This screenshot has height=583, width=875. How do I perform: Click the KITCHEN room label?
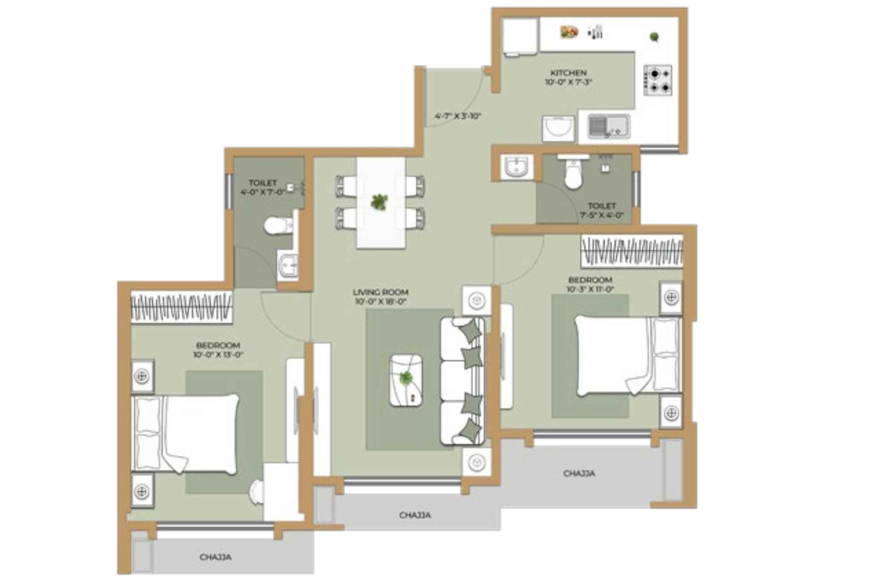click(x=568, y=72)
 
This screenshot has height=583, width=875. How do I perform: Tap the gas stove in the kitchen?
click(x=657, y=80)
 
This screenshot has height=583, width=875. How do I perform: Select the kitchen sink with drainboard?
click(x=609, y=126)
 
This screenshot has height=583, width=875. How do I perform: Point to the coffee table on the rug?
click(x=406, y=380)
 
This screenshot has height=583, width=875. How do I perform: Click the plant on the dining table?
click(x=379, y=202)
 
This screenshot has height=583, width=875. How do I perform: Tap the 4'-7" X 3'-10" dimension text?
click(x=457, y=116)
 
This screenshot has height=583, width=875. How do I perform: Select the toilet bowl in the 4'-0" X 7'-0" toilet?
click(x=278, y=226)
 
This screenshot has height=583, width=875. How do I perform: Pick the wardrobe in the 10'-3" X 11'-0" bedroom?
click(x=632, y=251)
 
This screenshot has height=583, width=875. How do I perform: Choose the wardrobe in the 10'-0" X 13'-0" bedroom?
click(x=181, y=307)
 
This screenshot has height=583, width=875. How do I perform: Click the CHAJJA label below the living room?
click(x=415, y=515)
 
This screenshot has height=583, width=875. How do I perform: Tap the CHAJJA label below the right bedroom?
click(x=579, y=473)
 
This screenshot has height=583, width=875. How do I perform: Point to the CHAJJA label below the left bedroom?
click(x=215, y=557)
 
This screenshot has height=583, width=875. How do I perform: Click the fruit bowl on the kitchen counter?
click(x=569, y=32)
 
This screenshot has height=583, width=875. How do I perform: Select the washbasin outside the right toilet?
click(x=516, y=167)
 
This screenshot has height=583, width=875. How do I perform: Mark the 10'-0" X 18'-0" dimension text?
click(x=380, y=302)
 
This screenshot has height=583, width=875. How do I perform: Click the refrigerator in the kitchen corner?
click(x=520, y=36)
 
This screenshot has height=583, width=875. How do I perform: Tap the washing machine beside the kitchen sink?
click(x=558, y=128)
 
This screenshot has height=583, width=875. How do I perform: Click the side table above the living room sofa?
click(x=477, y=300)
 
